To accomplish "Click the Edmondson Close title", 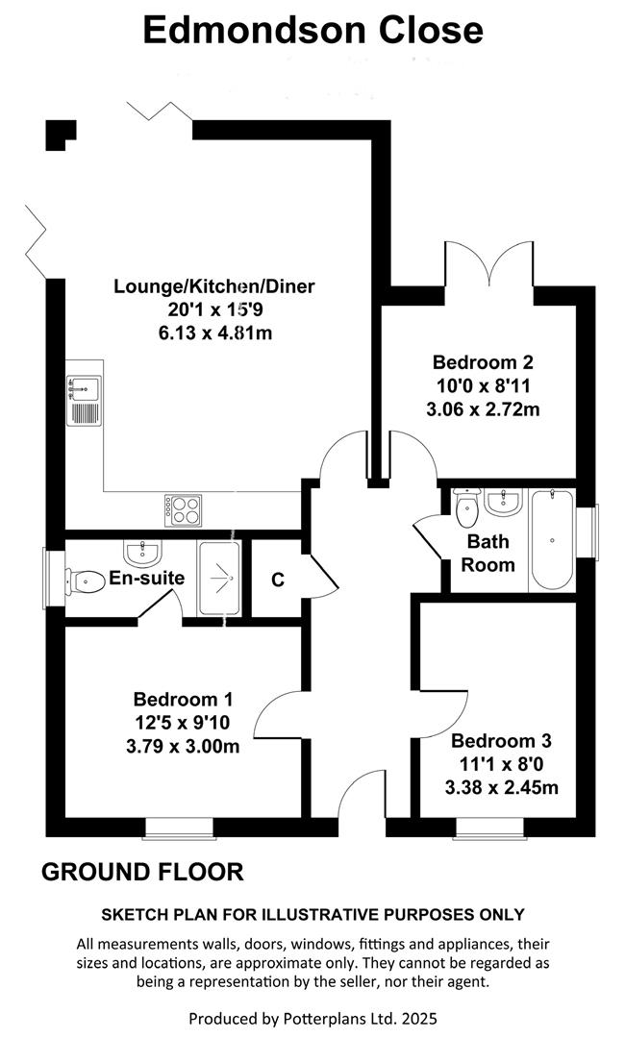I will [x=312, y=30].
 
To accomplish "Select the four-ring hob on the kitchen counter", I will [x=182, y=509].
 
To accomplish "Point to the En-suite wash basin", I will [x=141, y=553].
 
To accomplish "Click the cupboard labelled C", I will [x=277, y=580].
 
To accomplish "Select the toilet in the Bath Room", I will [x=466, y=508].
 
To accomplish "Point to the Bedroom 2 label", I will [x=482, y=362].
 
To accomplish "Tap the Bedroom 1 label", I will [x=183, y=699].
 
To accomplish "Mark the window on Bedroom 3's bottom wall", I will [x=489, y=826].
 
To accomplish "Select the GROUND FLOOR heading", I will [x=142, y=872].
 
